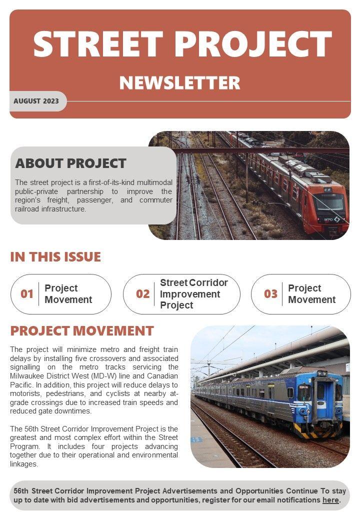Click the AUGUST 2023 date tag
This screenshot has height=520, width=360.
click(36, 101)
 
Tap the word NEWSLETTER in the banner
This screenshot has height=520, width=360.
click(179, 83)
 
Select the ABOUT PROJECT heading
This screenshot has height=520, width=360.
click(70, 163)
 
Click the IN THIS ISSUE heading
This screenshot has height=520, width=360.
click(55, 257)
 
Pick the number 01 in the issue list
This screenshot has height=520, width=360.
click(27, 294)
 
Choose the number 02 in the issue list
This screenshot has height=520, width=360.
click(143, 294)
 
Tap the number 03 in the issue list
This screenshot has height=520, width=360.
click(270, 294)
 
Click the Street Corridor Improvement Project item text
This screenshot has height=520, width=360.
click(193, 294)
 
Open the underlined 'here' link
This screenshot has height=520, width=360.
click(330, 500)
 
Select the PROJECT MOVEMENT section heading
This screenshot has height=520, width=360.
click(82, 331)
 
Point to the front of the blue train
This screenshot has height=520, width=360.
click(317, 400)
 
